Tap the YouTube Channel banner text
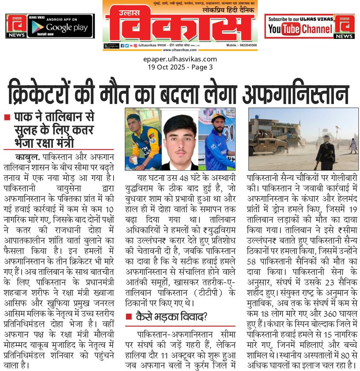point(300,29)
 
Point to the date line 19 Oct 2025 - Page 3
point(180,67)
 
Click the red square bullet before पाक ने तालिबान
point(7,118)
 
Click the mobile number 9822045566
point(246,46)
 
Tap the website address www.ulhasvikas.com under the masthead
point(179,50)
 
